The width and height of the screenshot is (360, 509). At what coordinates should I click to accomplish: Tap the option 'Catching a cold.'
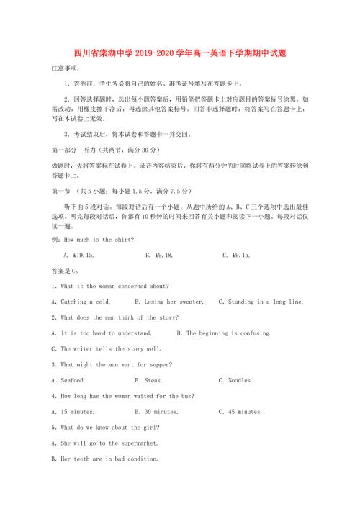81,302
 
